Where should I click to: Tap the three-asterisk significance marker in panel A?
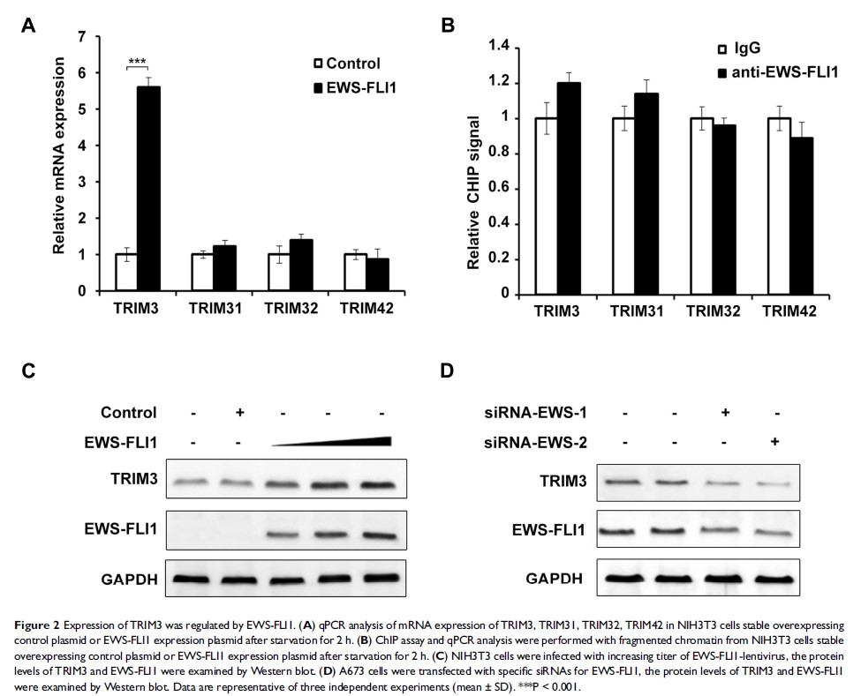[x=137, y=62]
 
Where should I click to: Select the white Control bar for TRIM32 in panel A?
[x=278, y=273]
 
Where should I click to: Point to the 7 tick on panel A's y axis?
[x=82, y=37]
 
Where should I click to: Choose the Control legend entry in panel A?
[x=346, y=64]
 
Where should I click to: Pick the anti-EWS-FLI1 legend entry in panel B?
[x=783, y=71]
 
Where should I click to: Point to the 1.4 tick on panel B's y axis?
[x=500, y=46]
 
